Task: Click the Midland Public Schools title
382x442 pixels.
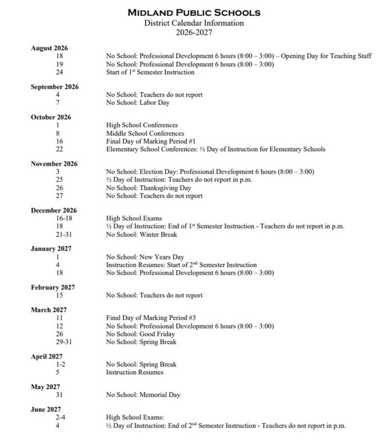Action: point(194,13)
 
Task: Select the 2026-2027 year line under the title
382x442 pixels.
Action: point(194,32)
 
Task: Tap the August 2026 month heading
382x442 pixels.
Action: point(49,48)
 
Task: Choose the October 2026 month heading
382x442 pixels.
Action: point(51,117)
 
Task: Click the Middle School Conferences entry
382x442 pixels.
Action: point(145,133)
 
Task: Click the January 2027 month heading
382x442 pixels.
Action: point(51,249)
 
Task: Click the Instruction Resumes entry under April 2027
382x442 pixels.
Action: point(135,372)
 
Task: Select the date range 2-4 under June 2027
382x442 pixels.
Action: point(59,417)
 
